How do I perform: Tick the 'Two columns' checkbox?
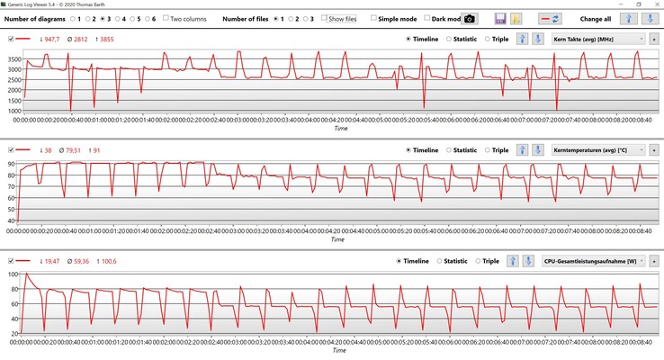pyautogui.click(x=166, y=18)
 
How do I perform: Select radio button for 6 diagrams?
pyautogui.click(x=146, y=18)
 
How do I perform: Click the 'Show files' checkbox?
pyautogui.click(x=326, y=18)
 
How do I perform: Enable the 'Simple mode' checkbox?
pyautogui.click(x=374, y=18)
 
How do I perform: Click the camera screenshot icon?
pyautogui.click(x=469, y=18)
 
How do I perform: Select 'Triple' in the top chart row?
pyautogui.click(x=489, y=40)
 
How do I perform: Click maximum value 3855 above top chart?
pyautogui.click(x=104, y=40)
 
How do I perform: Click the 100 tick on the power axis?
pyautogui.click(x=12, y=274)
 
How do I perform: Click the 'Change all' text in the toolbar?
pyautogui.click(x=597, y=18)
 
